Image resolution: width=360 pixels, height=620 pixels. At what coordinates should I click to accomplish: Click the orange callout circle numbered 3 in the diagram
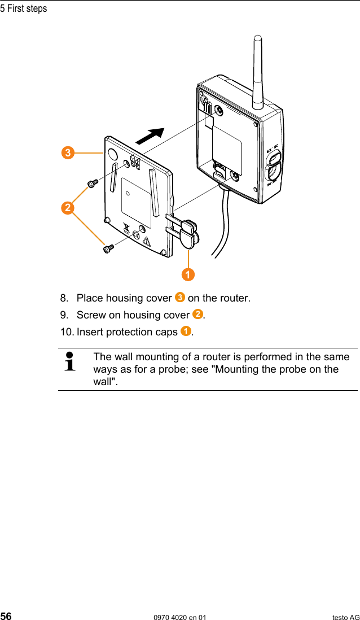(68, 152)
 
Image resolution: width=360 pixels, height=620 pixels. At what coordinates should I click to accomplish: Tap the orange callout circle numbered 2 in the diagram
(68, 208)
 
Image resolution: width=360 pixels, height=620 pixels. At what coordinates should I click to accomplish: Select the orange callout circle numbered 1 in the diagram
(188, 275)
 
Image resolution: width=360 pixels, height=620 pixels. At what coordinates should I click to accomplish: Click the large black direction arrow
(151, 136)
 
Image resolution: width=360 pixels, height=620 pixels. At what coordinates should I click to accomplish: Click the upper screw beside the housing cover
(92, 182)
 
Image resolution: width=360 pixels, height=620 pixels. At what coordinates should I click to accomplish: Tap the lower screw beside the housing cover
(108, 248)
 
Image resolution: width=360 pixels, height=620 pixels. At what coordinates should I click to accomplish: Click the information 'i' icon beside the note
(71, 362)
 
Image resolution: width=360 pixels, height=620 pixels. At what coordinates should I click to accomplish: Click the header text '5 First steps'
(24, 8)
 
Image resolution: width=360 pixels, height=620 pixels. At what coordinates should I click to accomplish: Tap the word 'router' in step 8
(235, 298)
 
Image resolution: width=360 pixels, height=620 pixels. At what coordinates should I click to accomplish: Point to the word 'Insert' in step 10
(90, 331)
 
